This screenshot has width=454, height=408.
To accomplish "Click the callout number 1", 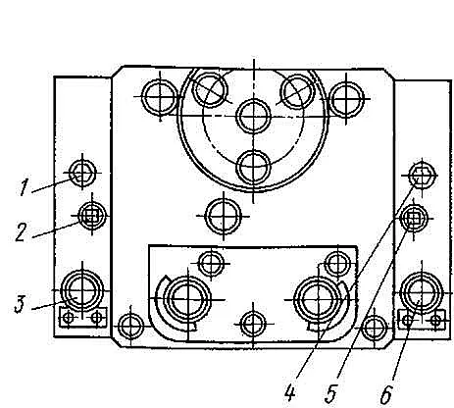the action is click(24, 187).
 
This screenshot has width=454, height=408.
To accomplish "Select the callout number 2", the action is click(21, 232).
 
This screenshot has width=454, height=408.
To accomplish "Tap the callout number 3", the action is click(20, 304).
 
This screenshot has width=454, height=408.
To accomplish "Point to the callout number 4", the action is click(290, 392).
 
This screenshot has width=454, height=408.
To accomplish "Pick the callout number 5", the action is click(330, 393).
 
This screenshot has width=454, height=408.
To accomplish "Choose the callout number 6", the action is click(386, 394).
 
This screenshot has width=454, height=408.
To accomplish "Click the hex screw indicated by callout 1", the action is click(82, 173).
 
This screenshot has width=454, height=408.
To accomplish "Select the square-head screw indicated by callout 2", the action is click(92, 215).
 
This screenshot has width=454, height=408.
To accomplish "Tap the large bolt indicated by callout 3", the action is click(82, 290).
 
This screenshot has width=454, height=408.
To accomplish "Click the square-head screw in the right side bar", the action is click(414, 218).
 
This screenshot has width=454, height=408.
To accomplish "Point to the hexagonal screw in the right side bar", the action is click(423, 176).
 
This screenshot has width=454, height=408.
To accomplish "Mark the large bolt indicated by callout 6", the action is click(422, 291).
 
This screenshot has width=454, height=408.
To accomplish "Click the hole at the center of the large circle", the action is click(254, 116).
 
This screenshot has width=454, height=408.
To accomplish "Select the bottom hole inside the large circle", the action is click(254, 168).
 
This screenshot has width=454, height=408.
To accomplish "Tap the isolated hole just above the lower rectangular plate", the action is click(224, 216).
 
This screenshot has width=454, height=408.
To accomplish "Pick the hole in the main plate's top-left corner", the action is click(160, 97).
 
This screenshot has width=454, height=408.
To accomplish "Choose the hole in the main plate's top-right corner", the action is click(346, 98).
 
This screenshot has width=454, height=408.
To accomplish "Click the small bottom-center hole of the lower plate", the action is click(253, 324).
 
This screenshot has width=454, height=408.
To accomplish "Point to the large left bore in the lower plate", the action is click(188, 299).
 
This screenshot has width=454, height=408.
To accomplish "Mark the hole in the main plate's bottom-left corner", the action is click(130, 327).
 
